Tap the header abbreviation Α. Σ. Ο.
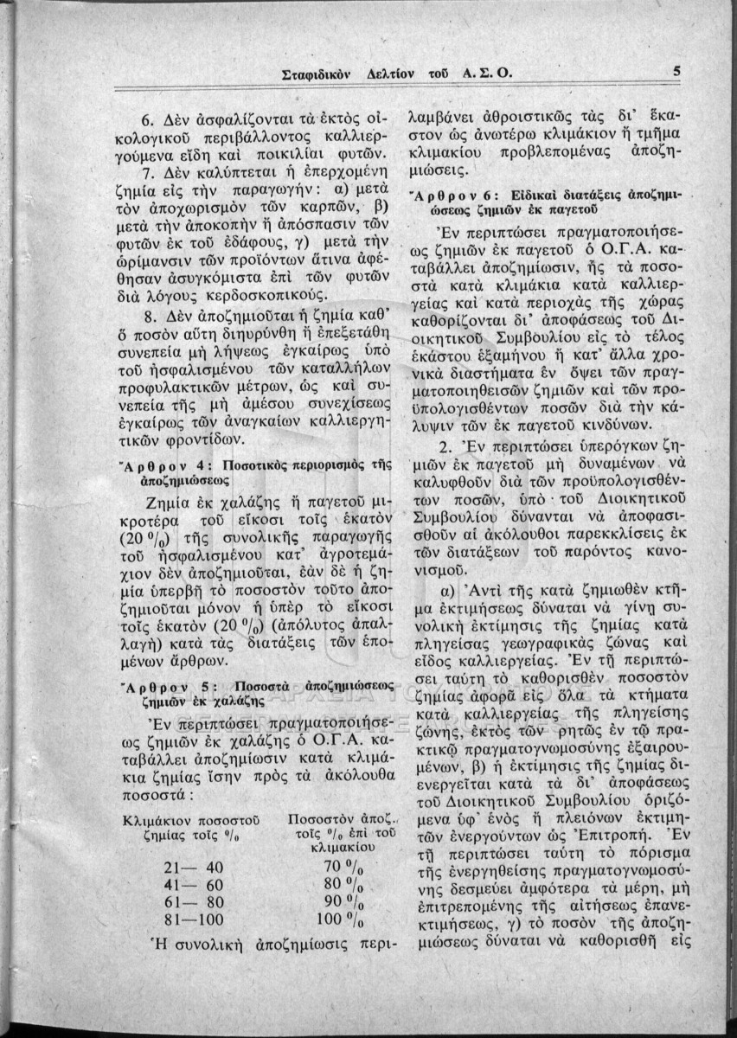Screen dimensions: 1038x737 coord(488,74)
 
